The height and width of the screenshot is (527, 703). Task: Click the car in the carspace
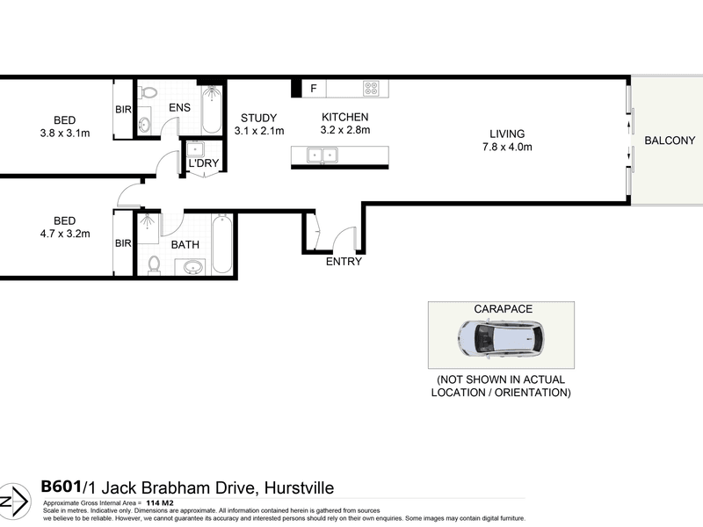[x=501, y=338]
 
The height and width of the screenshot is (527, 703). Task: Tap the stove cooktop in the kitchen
[x=371, y=89]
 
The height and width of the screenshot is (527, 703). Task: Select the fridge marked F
[x=314, y=89]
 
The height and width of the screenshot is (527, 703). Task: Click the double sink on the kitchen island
[x=322, y=155]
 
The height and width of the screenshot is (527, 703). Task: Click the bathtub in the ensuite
[x=212, y=110]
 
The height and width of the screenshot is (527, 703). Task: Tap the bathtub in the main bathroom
[x=222, y=244]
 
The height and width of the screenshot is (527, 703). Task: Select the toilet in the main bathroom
[x=154, y=265]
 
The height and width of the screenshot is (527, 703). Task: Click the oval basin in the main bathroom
[x=193, y=268]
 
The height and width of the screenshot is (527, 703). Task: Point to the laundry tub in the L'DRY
[x=195, y=149]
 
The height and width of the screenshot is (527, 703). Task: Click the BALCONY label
[x=670, y=141]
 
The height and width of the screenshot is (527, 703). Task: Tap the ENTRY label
[x=344, y=261]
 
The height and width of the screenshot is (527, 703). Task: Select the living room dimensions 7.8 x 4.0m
[x=507, y=147]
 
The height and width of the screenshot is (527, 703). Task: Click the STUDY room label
[x=258, y=118]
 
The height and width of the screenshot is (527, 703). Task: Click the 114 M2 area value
[x=160, y=502]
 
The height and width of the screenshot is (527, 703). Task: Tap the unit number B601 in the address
[x=61, y=487]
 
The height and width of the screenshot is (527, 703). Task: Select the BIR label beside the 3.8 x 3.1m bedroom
[x=123, y=109]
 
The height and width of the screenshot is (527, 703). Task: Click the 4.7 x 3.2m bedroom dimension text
[x=65, y=234]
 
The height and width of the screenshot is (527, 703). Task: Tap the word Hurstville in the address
[x=299, y=487]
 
